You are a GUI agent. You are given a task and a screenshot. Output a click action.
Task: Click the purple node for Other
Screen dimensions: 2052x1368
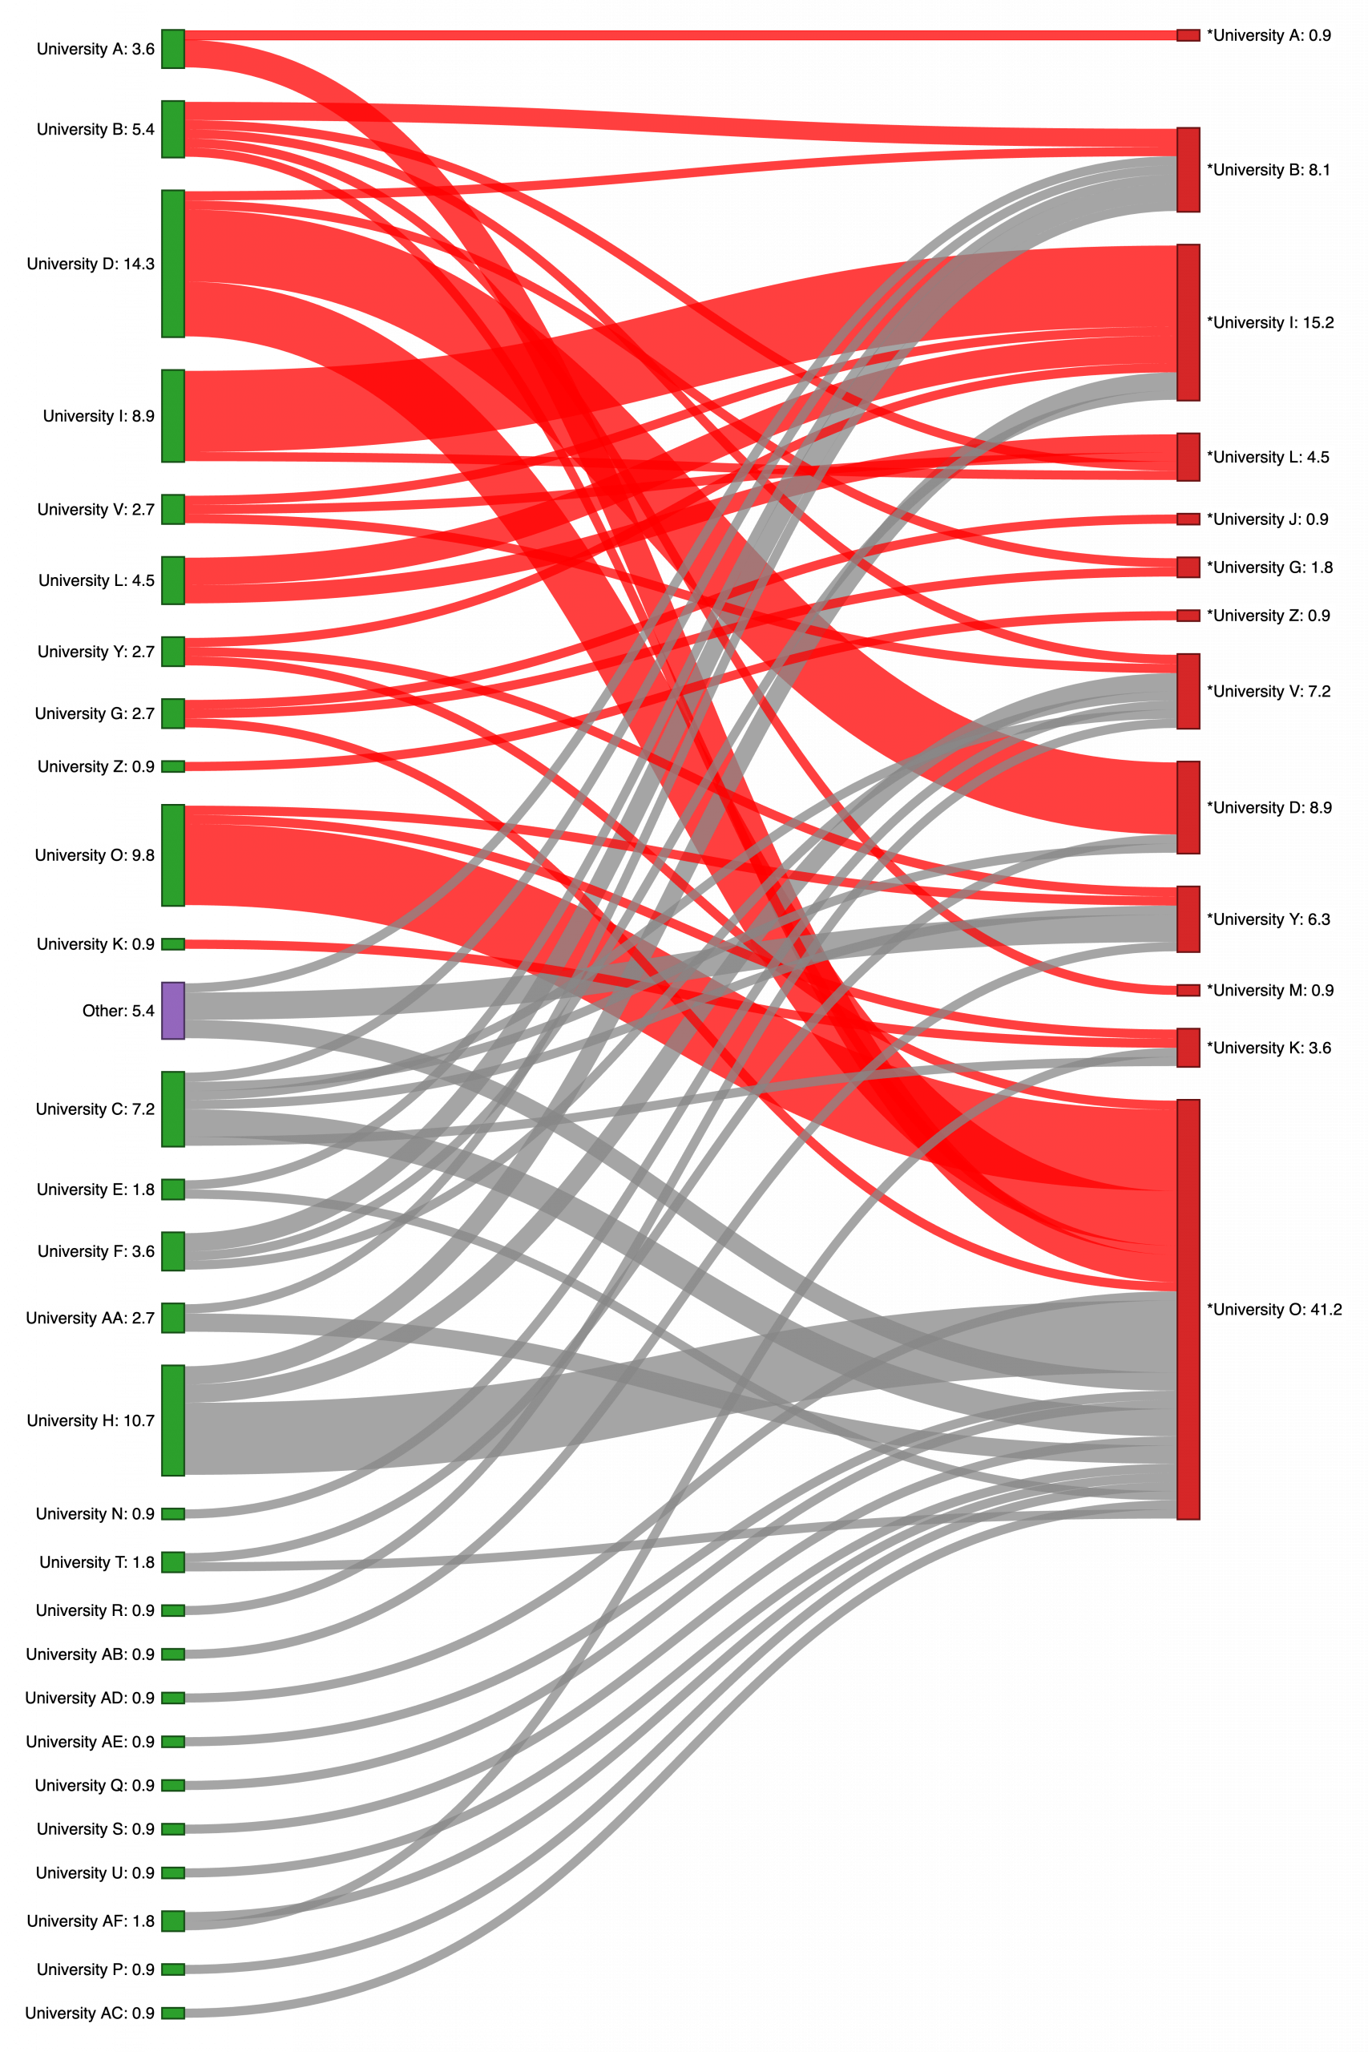coord(173,1010)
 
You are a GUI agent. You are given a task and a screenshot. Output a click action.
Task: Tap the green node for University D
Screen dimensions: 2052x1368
coord(173,264)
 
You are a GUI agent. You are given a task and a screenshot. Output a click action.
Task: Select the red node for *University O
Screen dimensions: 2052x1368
coord(1188,1309)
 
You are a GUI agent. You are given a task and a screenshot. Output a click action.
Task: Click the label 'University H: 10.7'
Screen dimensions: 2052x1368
coord(91,1420)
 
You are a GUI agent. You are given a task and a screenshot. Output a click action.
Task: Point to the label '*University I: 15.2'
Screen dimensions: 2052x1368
coord(1270,323)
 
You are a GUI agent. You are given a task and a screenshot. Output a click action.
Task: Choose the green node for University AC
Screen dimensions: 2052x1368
coord(173,2013)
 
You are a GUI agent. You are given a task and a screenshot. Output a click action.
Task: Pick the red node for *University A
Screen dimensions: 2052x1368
coord(1188,36)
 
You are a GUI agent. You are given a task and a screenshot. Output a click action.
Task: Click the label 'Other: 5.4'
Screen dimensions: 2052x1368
coord(118,1010)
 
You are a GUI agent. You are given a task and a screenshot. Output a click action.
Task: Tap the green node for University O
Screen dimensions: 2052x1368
coord(173,855)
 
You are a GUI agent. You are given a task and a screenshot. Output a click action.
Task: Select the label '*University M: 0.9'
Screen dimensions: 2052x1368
coord(1270,990)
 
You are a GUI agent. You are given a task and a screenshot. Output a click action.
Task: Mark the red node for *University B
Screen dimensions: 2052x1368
coord(1188,170)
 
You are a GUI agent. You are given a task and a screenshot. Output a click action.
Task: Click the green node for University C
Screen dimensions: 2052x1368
coord(173,1109)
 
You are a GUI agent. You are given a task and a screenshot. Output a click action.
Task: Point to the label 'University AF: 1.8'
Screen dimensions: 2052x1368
coord(91,1921)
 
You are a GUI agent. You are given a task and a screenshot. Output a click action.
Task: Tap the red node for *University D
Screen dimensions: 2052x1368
coord(1188,807)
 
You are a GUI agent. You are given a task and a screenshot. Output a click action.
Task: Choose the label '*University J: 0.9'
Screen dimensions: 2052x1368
coord(1268,519)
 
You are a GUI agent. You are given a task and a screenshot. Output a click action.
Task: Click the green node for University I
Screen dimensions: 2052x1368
coord(173,416)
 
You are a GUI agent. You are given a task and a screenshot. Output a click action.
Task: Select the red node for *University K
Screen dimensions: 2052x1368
coord(1188,1048)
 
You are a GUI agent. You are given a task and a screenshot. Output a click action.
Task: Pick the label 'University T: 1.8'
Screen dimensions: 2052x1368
coord(97,1561)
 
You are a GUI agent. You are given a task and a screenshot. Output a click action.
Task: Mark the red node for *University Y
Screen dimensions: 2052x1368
coord(1188,919)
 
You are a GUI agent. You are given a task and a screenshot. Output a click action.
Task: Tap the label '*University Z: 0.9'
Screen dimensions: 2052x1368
coord(1269,615)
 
